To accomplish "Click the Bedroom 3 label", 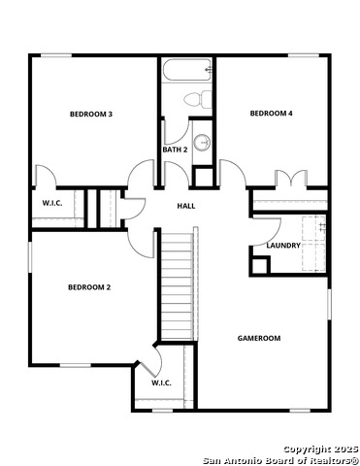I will [91, 115].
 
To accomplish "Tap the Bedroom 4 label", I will [272, 114].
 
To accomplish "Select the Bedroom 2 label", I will [89, 287].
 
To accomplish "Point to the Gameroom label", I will [259, 338].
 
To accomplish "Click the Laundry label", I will [283, 246].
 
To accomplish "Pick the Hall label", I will [185, 206].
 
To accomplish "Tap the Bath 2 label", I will [175, 150].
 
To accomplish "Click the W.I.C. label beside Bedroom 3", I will [52, 203].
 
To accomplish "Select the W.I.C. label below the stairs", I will [162, 383].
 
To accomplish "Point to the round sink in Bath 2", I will [202, 143].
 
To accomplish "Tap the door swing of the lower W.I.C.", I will [147, 367].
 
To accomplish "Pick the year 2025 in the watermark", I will [344, 448].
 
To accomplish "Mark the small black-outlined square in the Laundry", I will [258, 264].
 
